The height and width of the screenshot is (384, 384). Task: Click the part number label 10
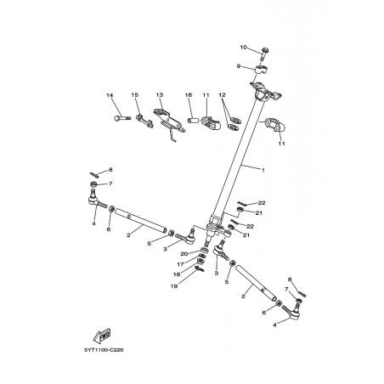click(x=243, y=48)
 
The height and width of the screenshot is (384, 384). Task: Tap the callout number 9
click(x=239, y=66)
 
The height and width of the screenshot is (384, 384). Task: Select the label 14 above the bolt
click(x=110, y=95)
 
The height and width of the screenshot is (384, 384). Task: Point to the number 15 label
click(x=135, y=95)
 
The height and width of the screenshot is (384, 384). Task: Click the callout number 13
click(x=160, y=95)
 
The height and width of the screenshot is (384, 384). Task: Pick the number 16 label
click(x=189, y=95)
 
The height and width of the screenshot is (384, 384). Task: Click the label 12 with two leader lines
click(x=223, y=95)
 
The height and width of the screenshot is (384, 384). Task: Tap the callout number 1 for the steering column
click(x=263, y=170)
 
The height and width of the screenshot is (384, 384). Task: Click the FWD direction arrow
click(x=102, y=336)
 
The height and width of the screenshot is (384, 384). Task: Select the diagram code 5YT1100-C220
click(x=104, y=350)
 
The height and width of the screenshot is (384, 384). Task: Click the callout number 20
click(x=184, y=254)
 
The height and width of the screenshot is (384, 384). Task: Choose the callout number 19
click(x=174, y=286)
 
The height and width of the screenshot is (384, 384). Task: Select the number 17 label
click(x=180, y=265)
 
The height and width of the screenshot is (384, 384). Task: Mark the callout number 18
click(x=177, y=274)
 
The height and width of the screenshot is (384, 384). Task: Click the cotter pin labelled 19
click(x=200, y=268)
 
